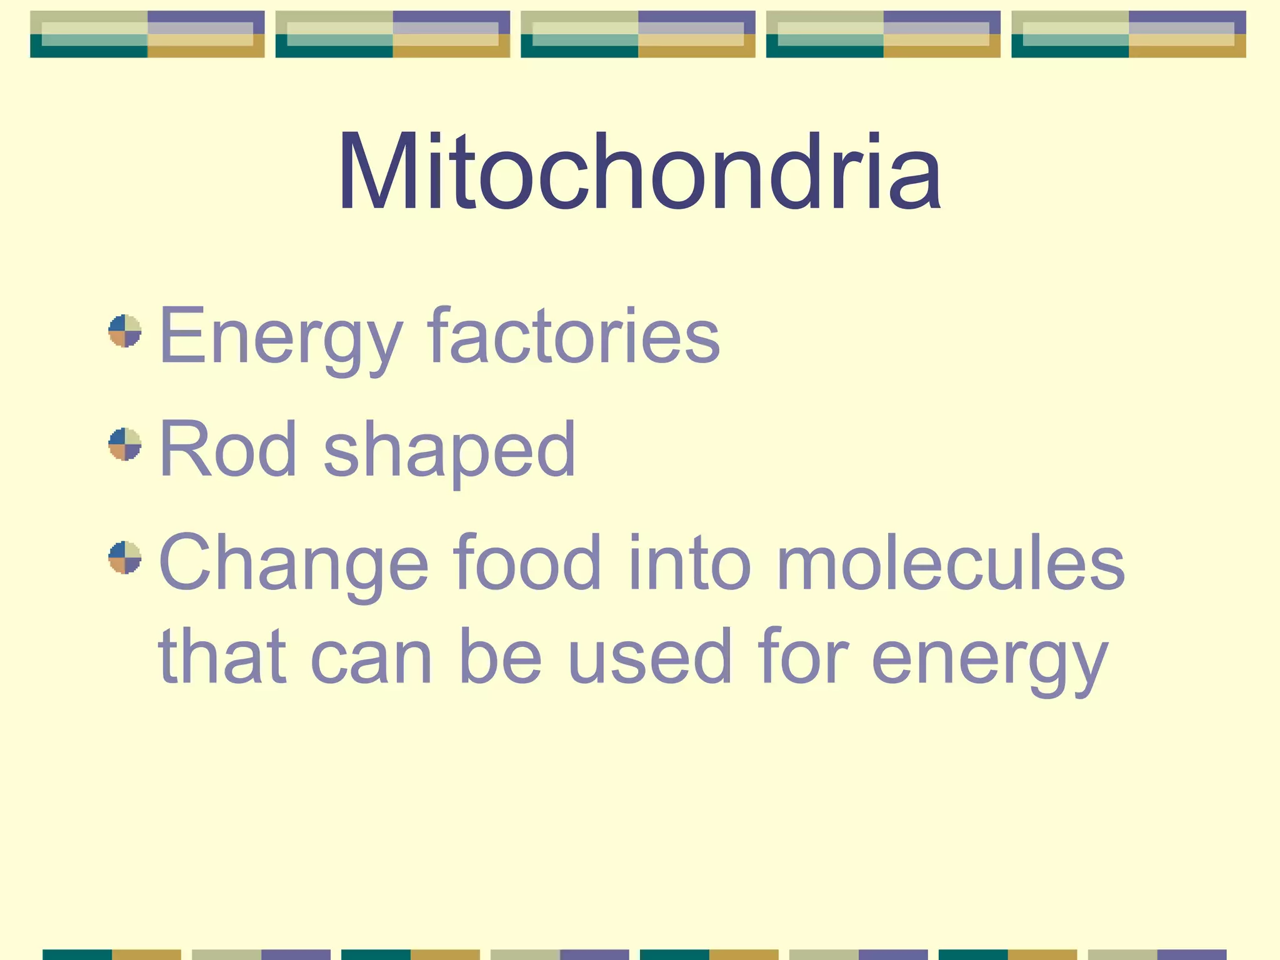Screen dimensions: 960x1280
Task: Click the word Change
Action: point(294,564)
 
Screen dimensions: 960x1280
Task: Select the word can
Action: point(371,658)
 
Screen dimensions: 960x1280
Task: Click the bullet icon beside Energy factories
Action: point(125,331)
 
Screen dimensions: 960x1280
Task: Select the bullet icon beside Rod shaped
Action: point(125,444)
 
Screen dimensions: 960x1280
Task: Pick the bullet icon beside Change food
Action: point(125,557)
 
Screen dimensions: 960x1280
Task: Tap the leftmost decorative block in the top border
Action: point(147,34)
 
